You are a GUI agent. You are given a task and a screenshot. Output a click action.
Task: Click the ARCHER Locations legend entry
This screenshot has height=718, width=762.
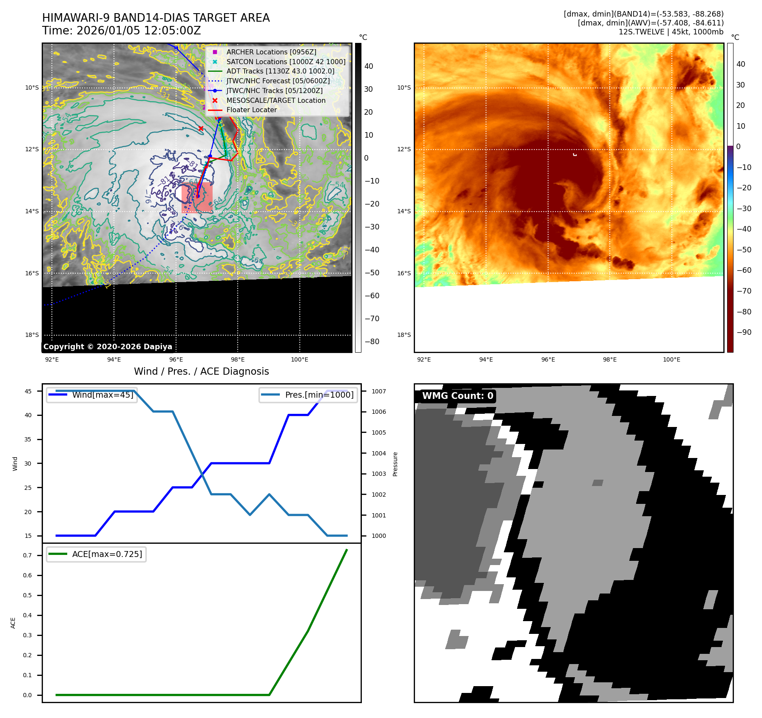pos(271,52)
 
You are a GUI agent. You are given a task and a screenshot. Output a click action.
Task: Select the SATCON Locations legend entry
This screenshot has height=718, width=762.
pos(286,62)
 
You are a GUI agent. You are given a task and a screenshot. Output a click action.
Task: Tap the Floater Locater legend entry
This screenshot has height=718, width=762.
pos(251,110)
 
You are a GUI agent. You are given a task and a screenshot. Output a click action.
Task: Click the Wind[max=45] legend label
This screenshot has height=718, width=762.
pos(102,395)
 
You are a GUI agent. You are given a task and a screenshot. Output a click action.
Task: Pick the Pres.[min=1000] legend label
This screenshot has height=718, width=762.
pos(319,395)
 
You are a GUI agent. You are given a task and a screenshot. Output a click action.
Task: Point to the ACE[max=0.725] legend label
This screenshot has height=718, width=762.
pos(107,554)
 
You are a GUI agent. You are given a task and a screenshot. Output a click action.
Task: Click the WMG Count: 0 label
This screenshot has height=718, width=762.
pos(457,396)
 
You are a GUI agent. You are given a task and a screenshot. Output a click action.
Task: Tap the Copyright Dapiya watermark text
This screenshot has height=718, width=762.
pos(108,347)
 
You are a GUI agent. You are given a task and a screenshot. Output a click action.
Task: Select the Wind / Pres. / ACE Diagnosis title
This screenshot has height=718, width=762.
pos(201,371)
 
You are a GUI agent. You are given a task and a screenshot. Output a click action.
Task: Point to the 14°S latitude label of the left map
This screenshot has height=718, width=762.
pos(32,211)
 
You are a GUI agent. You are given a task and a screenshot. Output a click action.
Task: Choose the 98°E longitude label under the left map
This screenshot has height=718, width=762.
pos(238,359)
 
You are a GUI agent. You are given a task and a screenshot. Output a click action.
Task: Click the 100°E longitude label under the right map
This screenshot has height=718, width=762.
pos(671,359)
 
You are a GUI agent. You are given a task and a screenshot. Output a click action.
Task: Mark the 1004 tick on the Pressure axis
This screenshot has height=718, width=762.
pos(378,453)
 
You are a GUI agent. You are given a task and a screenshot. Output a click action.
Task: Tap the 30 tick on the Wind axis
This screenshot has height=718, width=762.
pos(28,464)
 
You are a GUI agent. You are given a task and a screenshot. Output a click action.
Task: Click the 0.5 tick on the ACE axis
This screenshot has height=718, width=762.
pos(27,595)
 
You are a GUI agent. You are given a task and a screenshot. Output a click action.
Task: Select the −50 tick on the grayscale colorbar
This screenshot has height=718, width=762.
pos(372,273)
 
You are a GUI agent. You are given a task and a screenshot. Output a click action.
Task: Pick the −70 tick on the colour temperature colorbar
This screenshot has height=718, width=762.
pos(744,291)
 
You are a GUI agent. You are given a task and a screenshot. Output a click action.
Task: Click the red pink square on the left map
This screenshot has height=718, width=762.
pos(197,198)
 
